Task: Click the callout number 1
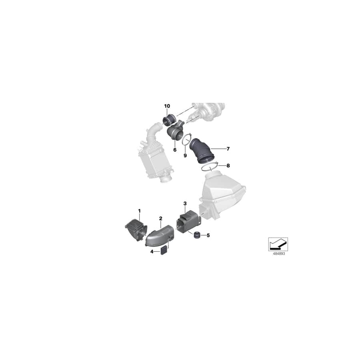pyautogui.click(x=140, y=210)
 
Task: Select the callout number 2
pyautogui.click(x=160, y=218)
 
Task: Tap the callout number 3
pyautogui.click(x=185, y=204)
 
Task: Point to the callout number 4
pyautogui.click(x=152, y=252)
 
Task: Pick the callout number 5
pyautogui.click(x=208, y=236)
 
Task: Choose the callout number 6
pyautogui.click(x=175, y=150)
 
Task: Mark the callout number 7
pyautogui.click(x=228, y=149)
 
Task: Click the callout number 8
pyautogui.click(x=228, y=165)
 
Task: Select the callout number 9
pyautogui.click(x=185, y=155)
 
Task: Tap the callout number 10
pyautogui.click(x=167, y=106)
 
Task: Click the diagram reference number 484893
pyautogui.click(x=278, y=254)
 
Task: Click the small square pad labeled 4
pyautogui.click(x=164, y=251)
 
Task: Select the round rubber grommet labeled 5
pyautogui.click(x=197, y=236)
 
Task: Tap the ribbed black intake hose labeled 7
pyautogui.click(x=204, y=151)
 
